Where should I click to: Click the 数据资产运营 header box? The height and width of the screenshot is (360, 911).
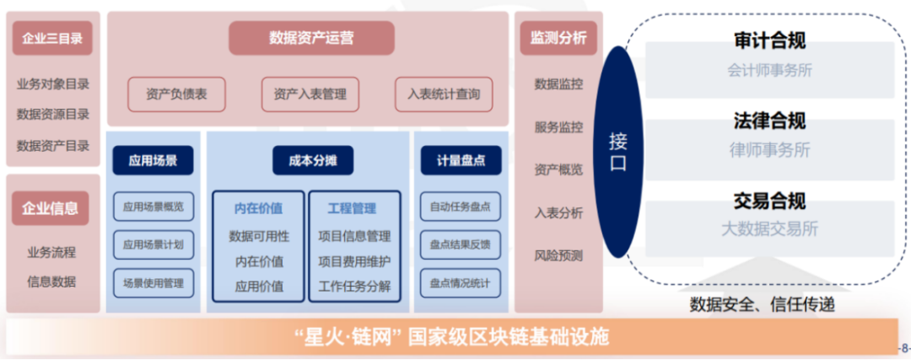point(311,38)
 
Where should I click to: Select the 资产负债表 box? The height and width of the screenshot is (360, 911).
point(176,94)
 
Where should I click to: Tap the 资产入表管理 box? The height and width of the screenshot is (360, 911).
point(310,94)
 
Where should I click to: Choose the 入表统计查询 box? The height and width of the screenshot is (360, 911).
point(444,94)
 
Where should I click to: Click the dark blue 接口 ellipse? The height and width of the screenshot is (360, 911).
point(617,152)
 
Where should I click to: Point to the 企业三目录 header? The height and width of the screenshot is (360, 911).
point(52,38)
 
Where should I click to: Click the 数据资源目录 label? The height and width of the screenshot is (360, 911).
point(52,115)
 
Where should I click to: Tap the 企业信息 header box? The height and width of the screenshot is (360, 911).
point(51,208)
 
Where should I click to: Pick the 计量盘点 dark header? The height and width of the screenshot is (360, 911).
point(461,160)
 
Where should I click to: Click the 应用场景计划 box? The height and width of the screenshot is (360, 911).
point(153,244)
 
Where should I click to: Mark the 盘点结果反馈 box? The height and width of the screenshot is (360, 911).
point(460,244)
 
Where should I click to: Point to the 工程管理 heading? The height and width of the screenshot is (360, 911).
point(352,207)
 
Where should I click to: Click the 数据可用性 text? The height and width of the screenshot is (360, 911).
point(259,236)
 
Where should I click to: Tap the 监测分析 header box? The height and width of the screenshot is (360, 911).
point(558,38)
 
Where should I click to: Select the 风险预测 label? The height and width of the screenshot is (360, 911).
point(558,255)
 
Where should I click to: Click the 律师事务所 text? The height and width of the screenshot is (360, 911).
point(769,150)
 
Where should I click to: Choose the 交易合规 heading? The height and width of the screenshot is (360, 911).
point(769,201)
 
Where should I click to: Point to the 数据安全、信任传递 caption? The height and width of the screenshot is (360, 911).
point(762,304)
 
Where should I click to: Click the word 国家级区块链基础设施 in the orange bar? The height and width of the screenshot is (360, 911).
point(507,338)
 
